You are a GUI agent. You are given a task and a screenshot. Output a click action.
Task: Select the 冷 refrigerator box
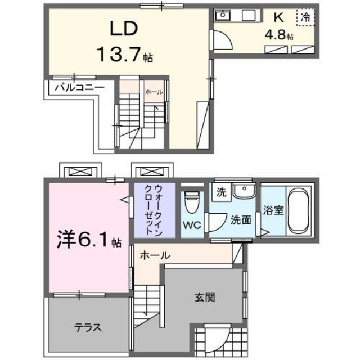pyautogui.click(x=306, y=17)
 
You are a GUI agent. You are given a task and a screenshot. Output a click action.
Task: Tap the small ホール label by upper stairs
pyautogui.click(x=154, y=92)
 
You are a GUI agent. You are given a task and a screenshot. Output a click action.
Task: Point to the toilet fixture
pyautogui.click(x=192, y=202)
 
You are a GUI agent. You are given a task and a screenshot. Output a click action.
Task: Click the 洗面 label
pyautogui.click(x=241, y=220)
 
